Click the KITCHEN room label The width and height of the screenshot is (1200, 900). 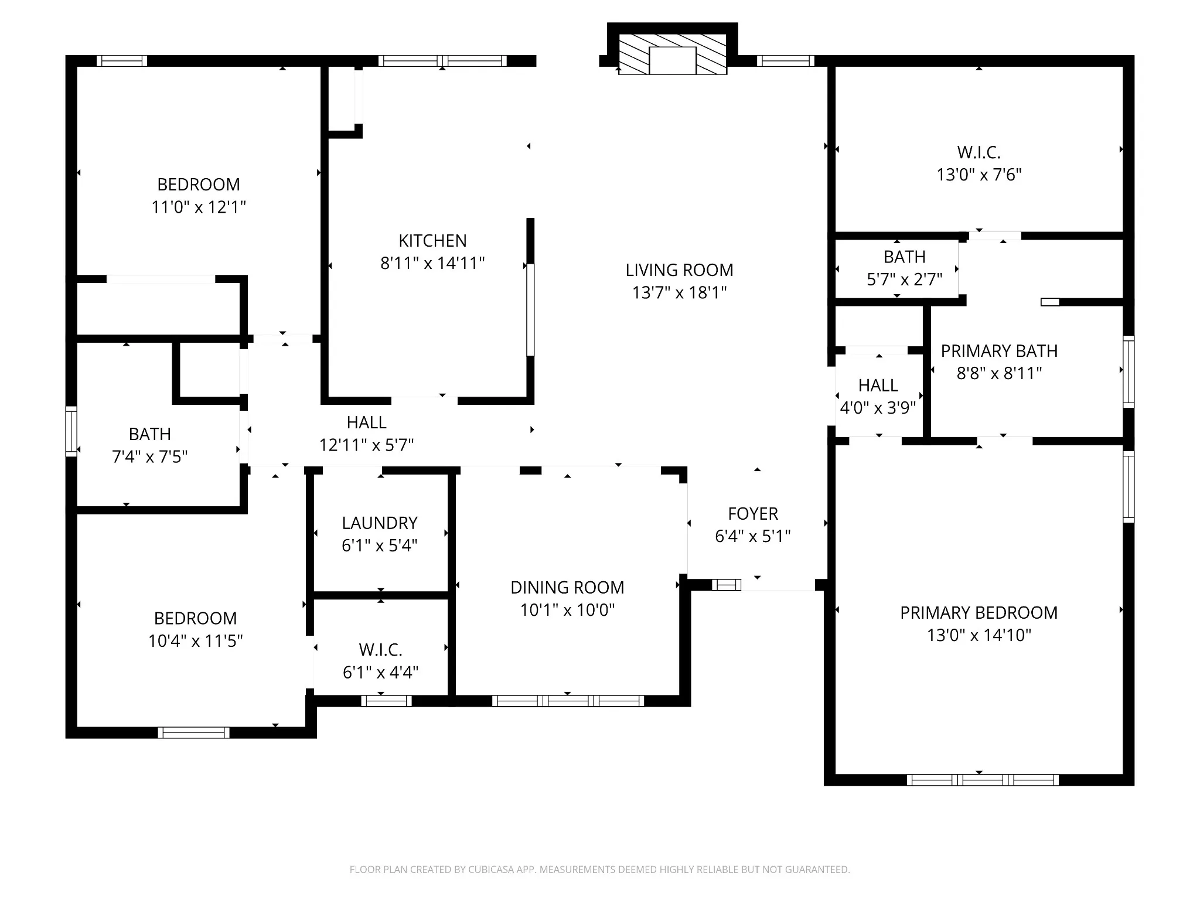(432, 241)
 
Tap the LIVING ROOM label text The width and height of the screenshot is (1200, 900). (679, 270)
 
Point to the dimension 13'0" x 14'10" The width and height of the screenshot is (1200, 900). (979, 635)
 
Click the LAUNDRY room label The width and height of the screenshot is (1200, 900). (380, 523)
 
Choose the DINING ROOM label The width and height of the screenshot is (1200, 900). (567, 588)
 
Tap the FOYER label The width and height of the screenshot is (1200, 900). (753, 514)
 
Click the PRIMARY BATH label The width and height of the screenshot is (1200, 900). (999, 351)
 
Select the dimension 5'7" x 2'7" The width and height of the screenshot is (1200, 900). (904, 279)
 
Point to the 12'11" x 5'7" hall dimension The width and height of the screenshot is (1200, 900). (366, 445)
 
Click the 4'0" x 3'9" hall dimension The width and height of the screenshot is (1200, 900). (878, 408)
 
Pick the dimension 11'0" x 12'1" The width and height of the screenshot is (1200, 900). (199, 207)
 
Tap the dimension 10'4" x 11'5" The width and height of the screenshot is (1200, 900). (195, 641)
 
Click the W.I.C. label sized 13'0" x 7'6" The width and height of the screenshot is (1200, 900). (979, 153)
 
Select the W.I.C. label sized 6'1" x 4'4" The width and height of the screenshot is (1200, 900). (380, 650)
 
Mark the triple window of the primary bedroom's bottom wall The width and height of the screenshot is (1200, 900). (983, 780)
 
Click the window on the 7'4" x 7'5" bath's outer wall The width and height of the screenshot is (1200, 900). (71, 431)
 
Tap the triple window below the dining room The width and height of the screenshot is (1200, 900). (568, 701)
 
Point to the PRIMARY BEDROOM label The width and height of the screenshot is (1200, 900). (979, 613)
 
